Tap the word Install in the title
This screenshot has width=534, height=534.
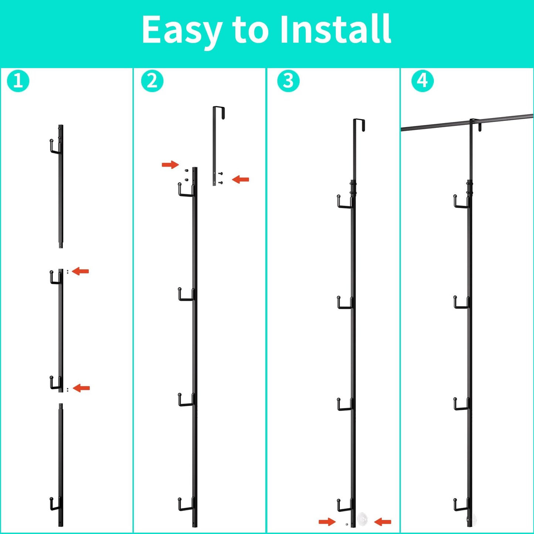tap(336, 30)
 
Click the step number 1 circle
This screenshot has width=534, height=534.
tap(18, 81)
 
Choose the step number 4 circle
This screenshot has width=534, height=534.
tap(422, 81)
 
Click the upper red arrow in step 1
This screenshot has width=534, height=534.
tap(81, 271)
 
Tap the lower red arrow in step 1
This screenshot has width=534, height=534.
tap(81, 388)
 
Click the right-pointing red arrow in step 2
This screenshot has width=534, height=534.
tap(170, 164)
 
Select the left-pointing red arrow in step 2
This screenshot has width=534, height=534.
tap(241, 180)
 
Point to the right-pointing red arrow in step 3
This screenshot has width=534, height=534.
tap(327, 522)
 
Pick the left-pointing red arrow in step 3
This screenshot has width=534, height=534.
tap(382, 522)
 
